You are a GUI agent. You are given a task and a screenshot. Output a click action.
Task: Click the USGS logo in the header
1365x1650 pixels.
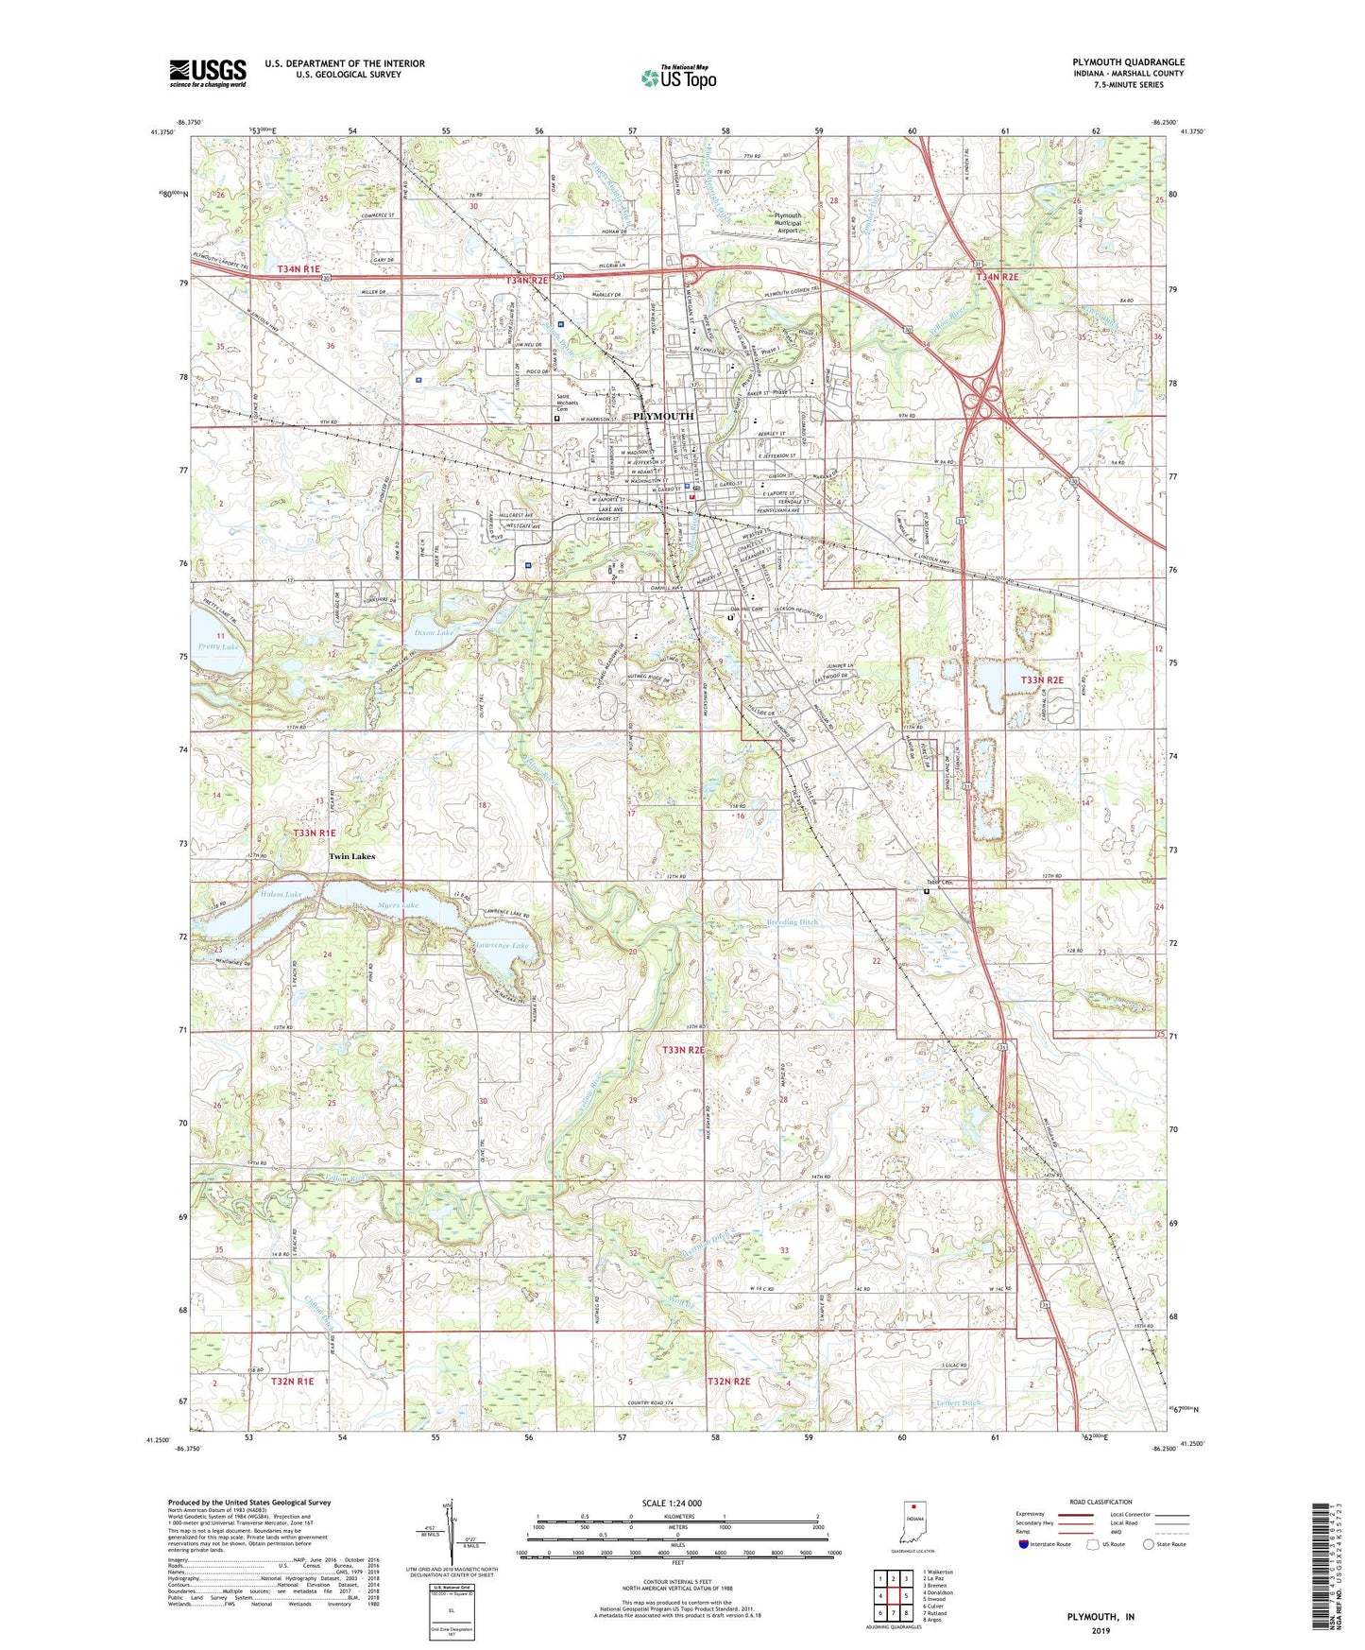click(207, 73)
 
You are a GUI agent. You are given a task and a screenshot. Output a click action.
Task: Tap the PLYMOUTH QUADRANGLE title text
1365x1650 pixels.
click(1128, 62)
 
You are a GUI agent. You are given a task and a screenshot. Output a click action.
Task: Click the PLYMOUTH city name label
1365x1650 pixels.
click(662, 416)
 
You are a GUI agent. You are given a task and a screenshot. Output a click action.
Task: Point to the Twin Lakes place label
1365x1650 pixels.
click(351, 856)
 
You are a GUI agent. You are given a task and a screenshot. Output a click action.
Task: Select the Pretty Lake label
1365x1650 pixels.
click(218, 646)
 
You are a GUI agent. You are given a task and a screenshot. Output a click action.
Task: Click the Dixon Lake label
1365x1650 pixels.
click(435, 632)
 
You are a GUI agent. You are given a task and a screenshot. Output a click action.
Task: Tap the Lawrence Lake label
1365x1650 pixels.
click(503, 945)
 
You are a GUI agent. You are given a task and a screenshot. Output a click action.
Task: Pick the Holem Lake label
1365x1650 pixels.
click(281, 894)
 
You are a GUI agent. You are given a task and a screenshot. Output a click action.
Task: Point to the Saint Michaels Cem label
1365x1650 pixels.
click(575, 402)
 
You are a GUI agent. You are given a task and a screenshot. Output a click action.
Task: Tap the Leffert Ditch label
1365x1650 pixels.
click(958, 1403)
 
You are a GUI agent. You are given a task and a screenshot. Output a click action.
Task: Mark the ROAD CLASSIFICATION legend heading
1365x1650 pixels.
click(1101, 1502)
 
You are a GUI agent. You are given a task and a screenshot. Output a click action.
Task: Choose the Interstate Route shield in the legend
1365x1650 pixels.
click(1024, 1544)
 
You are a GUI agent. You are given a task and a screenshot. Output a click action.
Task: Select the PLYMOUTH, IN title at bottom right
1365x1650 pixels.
click(1101, 1617)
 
